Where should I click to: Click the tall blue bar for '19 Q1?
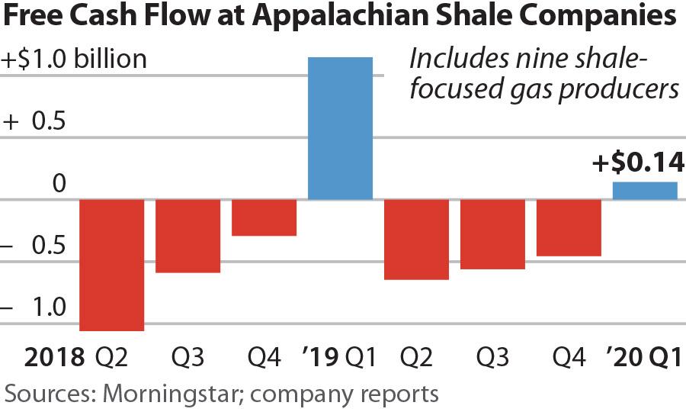point(340,128)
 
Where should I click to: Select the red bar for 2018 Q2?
point(112,265)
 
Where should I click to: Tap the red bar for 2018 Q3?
point(188,236)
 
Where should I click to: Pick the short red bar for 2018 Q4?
point(264,217)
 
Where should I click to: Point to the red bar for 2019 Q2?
point(416,240)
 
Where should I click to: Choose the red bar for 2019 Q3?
point(492,234)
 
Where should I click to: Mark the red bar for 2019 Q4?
point(569,227)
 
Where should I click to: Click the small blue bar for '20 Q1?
point(645,191)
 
